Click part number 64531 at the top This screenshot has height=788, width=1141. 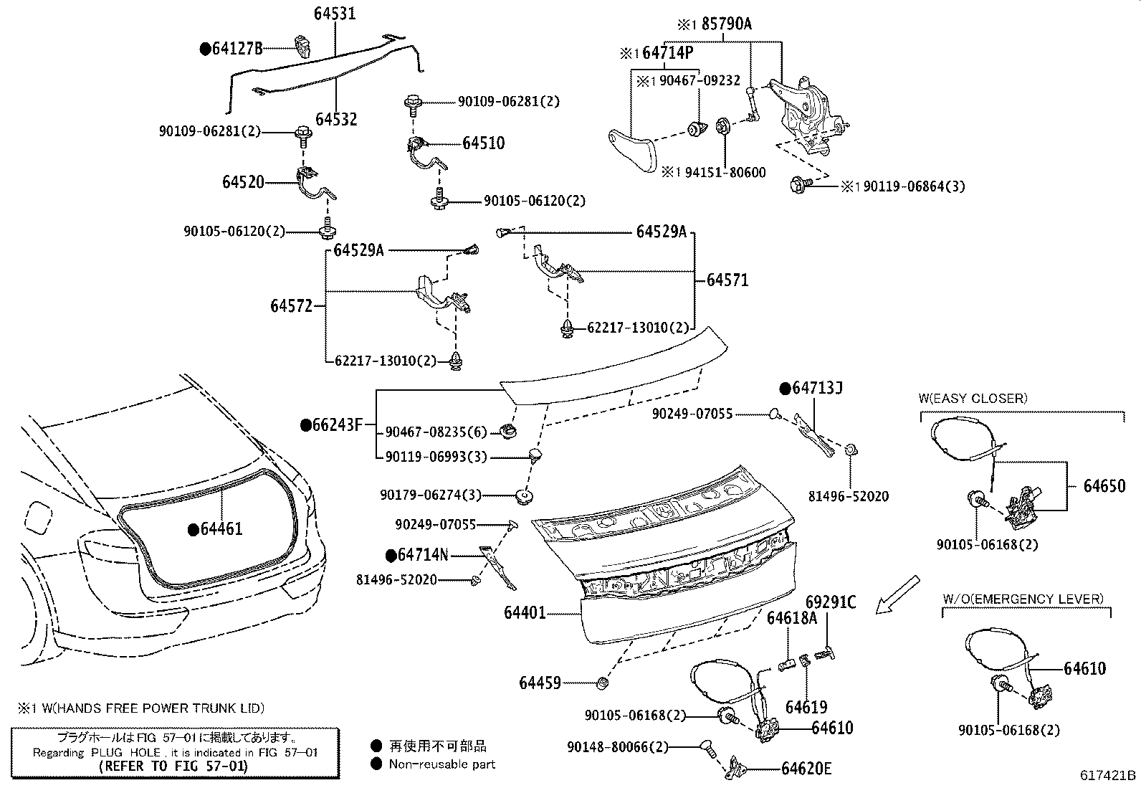[334, 14]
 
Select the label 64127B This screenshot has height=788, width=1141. [237, 49]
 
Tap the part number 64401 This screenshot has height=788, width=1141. [525, 612]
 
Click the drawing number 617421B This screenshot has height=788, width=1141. [1108, 775]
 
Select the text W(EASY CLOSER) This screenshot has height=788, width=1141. [973, 399]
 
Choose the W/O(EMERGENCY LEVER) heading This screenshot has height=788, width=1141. [1023, 599]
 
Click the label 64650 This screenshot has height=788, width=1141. [1104, 485]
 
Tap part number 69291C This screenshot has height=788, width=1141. [831, 602]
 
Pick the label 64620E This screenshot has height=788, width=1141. [806, 769]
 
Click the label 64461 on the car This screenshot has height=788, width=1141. [221, 529]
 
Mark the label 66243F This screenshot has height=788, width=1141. [337, 425]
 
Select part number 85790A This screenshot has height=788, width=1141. [726, 24]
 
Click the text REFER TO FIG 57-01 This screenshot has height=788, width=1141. [173, 766]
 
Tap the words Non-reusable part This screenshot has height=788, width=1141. [441, 764]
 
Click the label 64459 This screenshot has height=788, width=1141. [540, 683]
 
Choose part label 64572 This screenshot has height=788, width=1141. [291, 306]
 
